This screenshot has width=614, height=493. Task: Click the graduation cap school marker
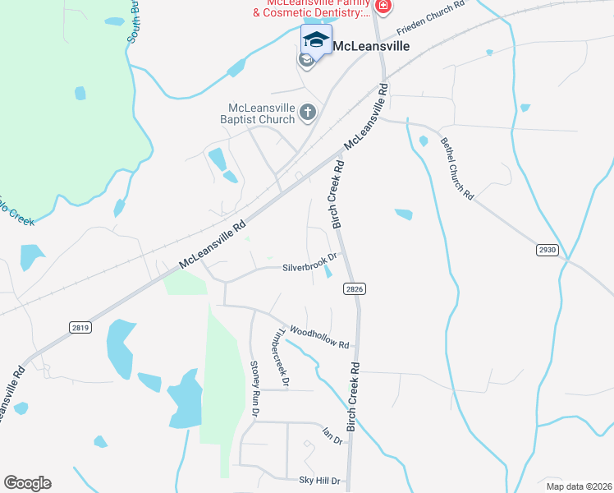316,38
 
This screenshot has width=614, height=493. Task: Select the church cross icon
308,113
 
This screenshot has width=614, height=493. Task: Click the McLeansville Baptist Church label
262,113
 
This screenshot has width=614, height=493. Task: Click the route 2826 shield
355,288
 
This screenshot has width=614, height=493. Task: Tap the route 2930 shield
548,249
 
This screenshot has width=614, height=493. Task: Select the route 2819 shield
80,327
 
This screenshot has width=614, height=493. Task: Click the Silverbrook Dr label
309,268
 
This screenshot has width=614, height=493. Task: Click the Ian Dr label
332,435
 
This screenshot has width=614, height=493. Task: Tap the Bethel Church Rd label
456,169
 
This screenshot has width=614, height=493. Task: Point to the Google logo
27,483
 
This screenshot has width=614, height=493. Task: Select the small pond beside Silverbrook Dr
328,271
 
